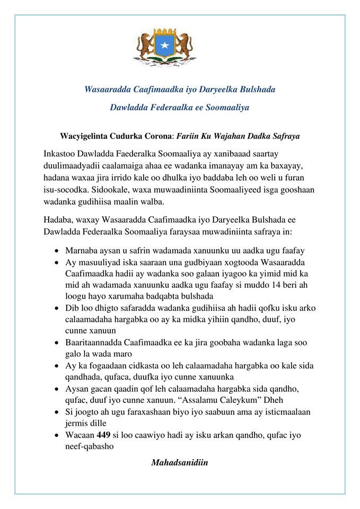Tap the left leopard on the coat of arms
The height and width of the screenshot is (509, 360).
click(145, 45)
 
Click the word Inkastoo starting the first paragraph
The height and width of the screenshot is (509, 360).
click(61, 153)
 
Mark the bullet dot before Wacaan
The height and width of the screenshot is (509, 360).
click(57, 435)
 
